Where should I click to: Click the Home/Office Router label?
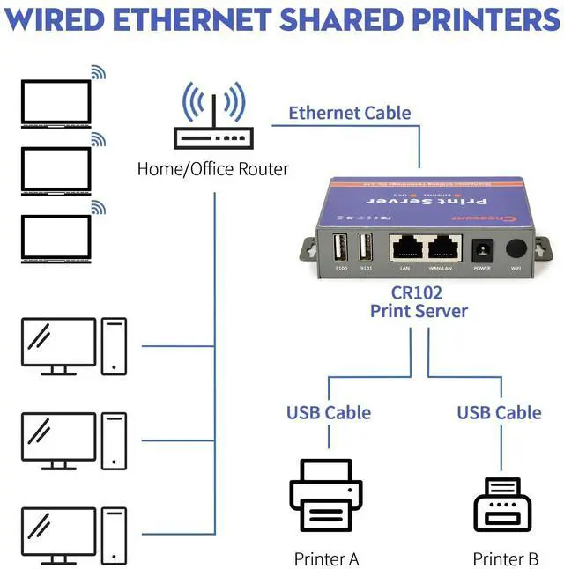[x=212, y=168]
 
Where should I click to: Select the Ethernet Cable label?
[x=350, y=113]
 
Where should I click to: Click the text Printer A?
[x=326, y=558]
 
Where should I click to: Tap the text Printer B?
[x=505, y=558]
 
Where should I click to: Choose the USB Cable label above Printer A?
[x=328, y=412]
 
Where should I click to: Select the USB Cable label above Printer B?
[x=499, y=412]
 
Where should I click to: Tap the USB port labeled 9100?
[x=342, y=247]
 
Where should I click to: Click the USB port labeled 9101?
[x=366, y=247]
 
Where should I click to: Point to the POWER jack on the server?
[x=482, y=249]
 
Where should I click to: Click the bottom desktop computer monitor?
[x=58, y=532]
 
